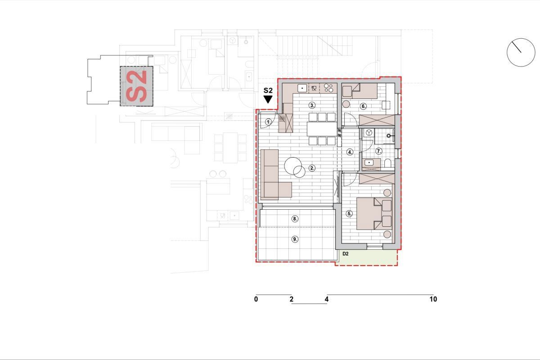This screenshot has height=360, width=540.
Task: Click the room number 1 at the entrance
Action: (269, 121)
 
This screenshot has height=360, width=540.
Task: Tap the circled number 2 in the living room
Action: (312, 169)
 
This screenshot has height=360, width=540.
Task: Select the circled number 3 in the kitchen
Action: (312, 105)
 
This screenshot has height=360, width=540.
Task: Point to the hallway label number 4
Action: (350, 152)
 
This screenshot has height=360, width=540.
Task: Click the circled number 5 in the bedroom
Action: (349, 213)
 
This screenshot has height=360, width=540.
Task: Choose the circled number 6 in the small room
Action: (364, 106)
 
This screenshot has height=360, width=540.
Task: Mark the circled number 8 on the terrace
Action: (295, 219)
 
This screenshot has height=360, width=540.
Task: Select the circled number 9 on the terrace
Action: (295, 239)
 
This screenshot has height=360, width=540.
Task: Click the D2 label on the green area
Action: (346, 254)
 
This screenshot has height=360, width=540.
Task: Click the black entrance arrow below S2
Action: (268, 99)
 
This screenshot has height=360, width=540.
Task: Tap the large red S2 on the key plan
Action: (136, 86)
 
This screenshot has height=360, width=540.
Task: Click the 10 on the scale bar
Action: (433, 299)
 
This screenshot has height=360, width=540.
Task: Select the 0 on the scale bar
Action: (256, 299)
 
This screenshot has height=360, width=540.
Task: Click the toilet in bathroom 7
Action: (387, 163)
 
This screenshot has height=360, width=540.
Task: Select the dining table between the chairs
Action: (322, 129)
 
